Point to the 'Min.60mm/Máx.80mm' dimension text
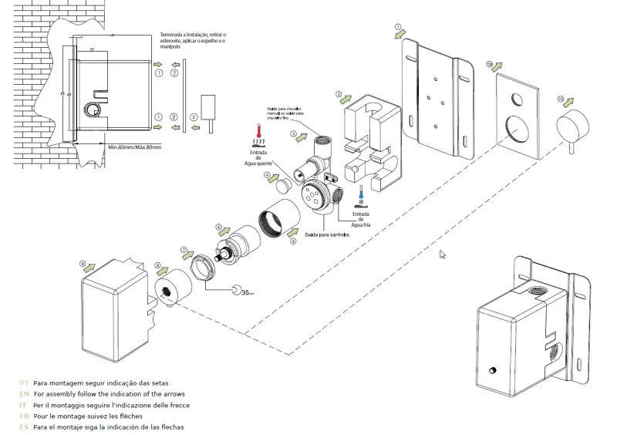tap(134, 147)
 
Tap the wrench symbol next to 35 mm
tap(235, 290)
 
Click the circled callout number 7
tap(184, 251)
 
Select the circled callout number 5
tap(293, 241)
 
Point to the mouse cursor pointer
tap(443, 254)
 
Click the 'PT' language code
tap(24, 383)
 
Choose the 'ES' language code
tap(24, 427)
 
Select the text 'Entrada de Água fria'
tap(361, 220)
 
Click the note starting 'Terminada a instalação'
tap(193, 41)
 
